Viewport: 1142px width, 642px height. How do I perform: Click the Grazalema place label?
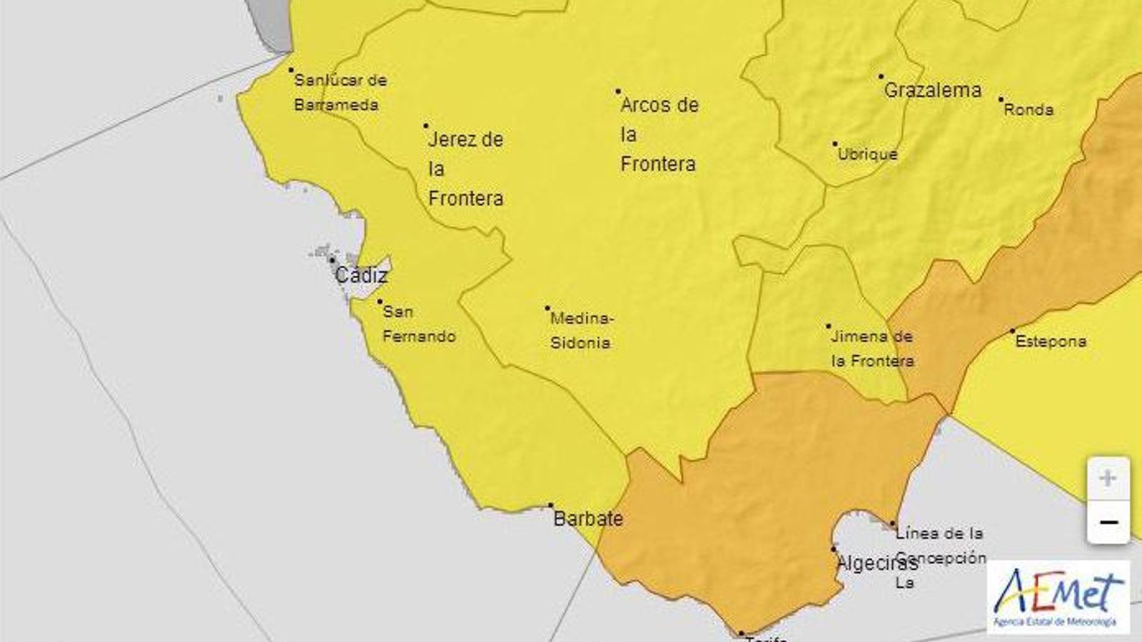coord(932,91)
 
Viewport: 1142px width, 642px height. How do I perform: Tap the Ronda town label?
coord(1029,110)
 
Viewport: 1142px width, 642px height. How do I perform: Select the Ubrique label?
coord(867,154)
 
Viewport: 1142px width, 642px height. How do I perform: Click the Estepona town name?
coord(1051,342)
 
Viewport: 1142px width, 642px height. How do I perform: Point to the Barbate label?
coord(588,519)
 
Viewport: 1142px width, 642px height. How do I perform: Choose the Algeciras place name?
coord(876,564)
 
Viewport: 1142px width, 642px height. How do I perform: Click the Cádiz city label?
coord(361,275)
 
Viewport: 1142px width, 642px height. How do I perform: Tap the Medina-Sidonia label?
coord(582,330)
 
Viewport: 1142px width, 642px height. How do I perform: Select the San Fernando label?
coord(419,324)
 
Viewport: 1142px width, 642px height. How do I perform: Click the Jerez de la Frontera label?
coord(465,168)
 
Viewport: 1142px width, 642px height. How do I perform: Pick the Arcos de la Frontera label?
coord(659,134)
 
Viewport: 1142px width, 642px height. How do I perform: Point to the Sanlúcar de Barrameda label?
coord(340,92)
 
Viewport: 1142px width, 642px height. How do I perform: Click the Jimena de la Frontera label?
coord(871,349)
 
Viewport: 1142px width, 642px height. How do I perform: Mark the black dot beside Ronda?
coord(1001,100)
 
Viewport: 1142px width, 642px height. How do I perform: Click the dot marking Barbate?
coord(550,505)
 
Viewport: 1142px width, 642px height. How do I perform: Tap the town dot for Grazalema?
coord(881,76)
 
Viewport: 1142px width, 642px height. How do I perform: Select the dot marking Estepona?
coord(1012,331)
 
